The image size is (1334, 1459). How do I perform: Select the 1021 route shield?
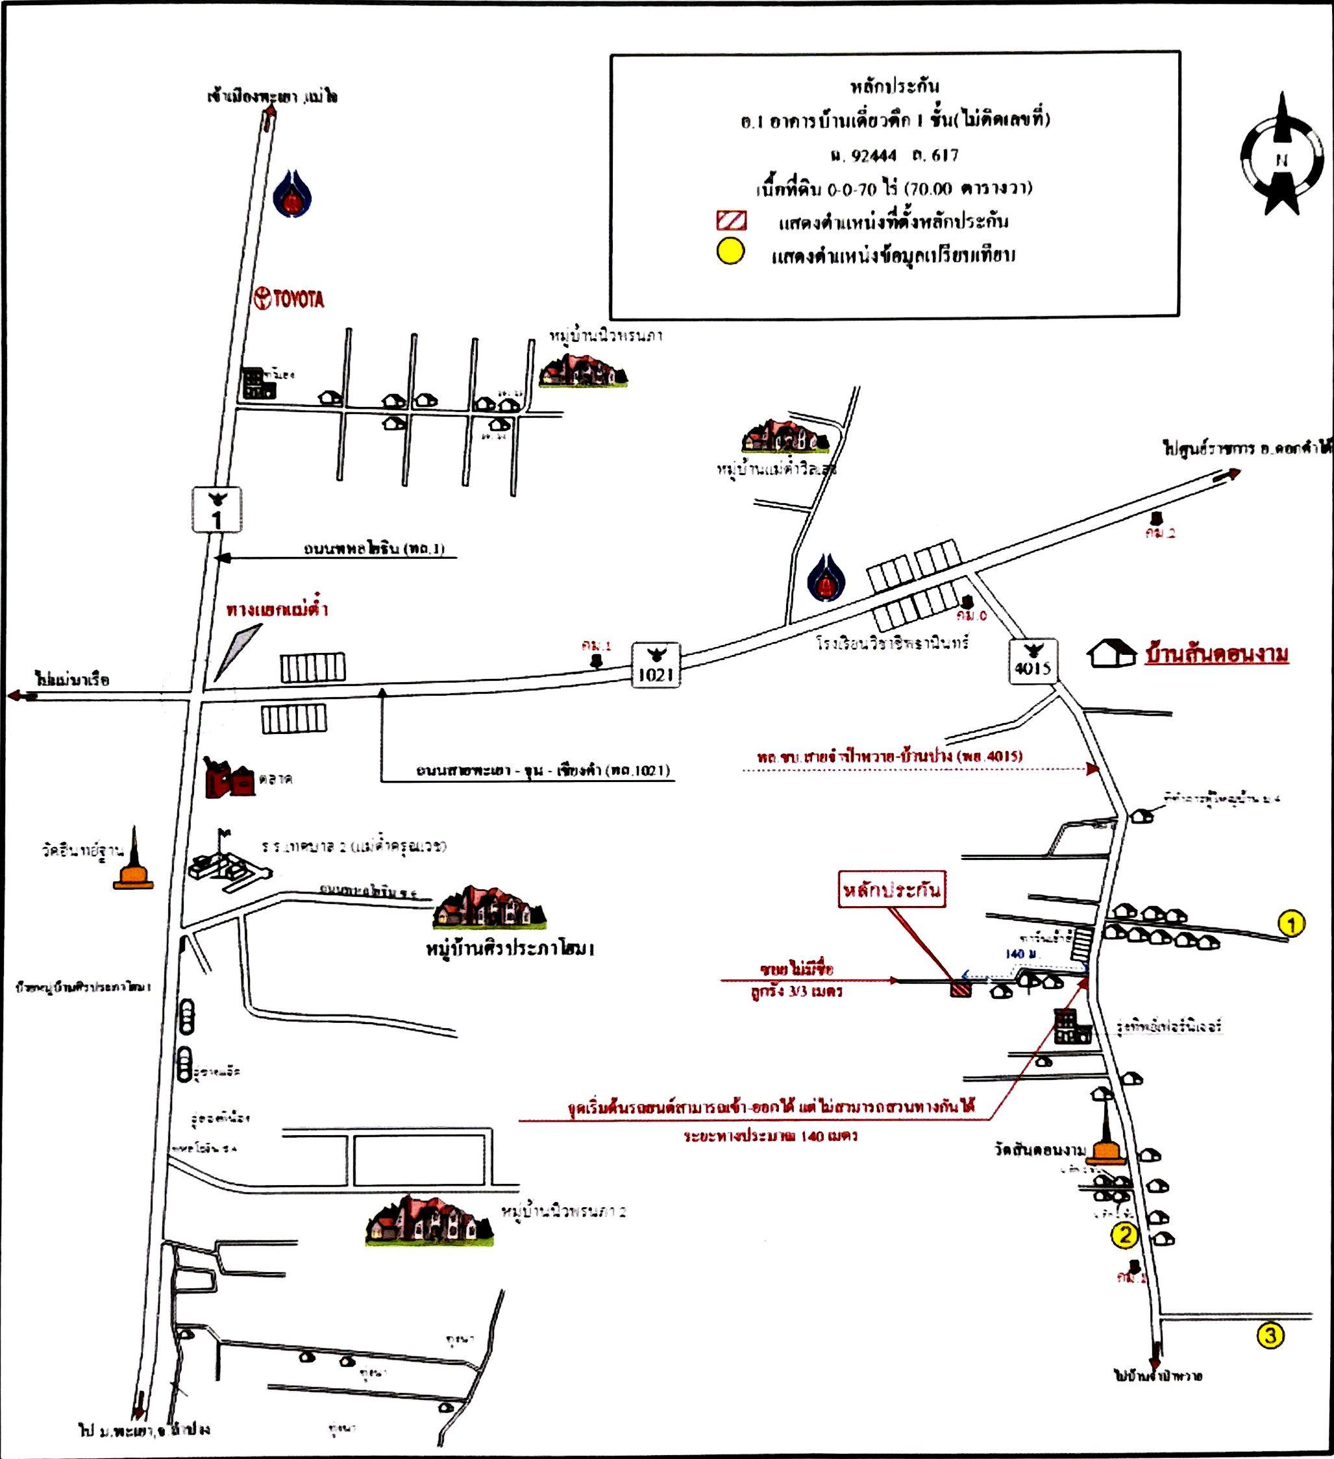[x=656, y=665]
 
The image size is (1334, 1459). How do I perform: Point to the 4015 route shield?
[x=1033, y=661]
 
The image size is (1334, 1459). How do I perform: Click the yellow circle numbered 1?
[x=1292, y=924]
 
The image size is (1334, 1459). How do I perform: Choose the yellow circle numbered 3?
[x=1270, y=1334]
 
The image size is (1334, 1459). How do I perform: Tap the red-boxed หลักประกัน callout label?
[x=893, y=889]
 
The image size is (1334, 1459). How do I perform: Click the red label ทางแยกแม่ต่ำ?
[x=277, y=609]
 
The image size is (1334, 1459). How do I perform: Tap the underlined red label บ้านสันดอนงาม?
[x=1216, y=654]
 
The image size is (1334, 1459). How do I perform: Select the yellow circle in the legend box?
[x=730, y=251]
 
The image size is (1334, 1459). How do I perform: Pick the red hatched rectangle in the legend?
[x=731, y=220]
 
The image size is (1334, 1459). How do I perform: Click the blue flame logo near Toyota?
[x=292, y=194]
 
